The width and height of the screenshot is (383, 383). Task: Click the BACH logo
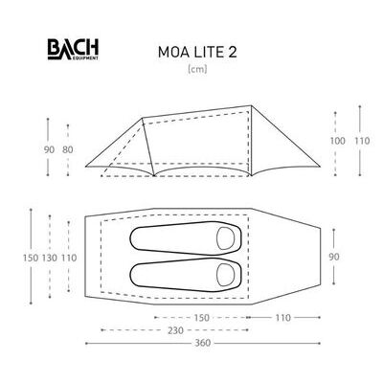click(73, 49)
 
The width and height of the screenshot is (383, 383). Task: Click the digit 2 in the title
click(233, 53)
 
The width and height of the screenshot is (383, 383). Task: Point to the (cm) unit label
click(197, 69)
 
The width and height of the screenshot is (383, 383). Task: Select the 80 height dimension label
click(68, 149)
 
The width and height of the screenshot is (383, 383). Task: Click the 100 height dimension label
click(337, 141)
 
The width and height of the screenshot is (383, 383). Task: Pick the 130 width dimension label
click(50, 258)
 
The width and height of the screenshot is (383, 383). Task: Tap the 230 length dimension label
click(176, 330)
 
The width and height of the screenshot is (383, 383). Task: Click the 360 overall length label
click(203, 343)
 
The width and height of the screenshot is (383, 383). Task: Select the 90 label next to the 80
click(49, 149)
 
